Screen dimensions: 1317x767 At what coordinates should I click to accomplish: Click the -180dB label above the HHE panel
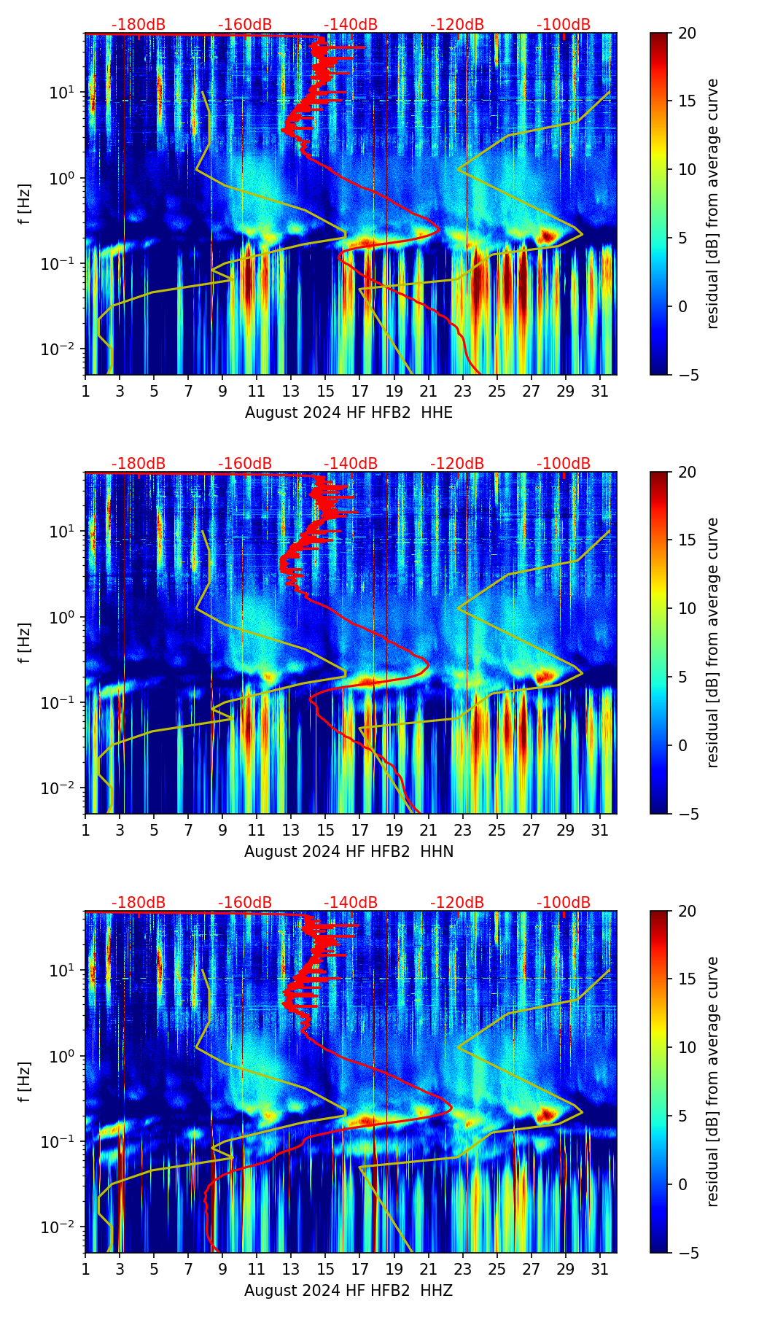(x=139, y=25)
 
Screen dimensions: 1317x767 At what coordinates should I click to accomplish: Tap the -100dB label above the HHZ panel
(x=564, y=903)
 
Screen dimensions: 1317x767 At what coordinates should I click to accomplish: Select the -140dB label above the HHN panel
(x=351, y=464)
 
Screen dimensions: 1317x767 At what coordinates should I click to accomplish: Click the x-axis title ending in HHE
(x=349, y=413)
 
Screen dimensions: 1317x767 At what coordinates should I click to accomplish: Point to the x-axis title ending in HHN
(x=349, y=852)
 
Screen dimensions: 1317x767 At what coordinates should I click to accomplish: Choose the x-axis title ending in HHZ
(x=349, y=1291)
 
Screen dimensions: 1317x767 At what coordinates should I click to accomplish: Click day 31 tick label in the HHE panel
(x=600, y=392)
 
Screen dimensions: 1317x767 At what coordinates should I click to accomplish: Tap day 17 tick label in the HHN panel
(x=360, y=831)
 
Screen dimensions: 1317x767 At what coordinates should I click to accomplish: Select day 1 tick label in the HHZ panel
(x=85, y=1270)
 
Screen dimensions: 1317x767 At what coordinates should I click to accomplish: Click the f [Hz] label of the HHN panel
(x=25, y=642)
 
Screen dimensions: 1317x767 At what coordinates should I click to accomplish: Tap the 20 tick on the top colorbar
(x=686, y=34)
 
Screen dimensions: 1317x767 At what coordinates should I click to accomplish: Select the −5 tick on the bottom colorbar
(x=686, y=1253)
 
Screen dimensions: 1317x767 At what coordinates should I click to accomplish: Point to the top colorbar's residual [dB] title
(x=712, y=203)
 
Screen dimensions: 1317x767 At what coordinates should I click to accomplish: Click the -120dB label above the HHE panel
(x=457, y=25)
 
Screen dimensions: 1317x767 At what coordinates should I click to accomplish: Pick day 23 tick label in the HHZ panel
(x=463, y=1270)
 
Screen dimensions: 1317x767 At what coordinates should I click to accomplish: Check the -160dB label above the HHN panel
(x=245, y=464)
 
